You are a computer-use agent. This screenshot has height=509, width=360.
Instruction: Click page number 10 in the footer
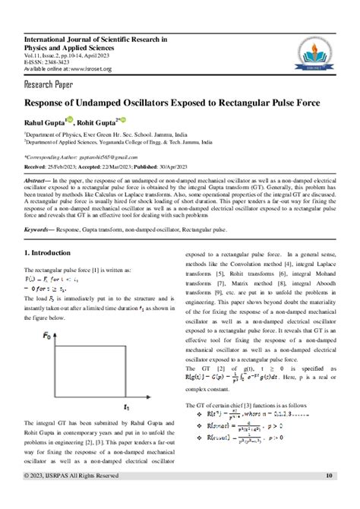pos(329,497)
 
